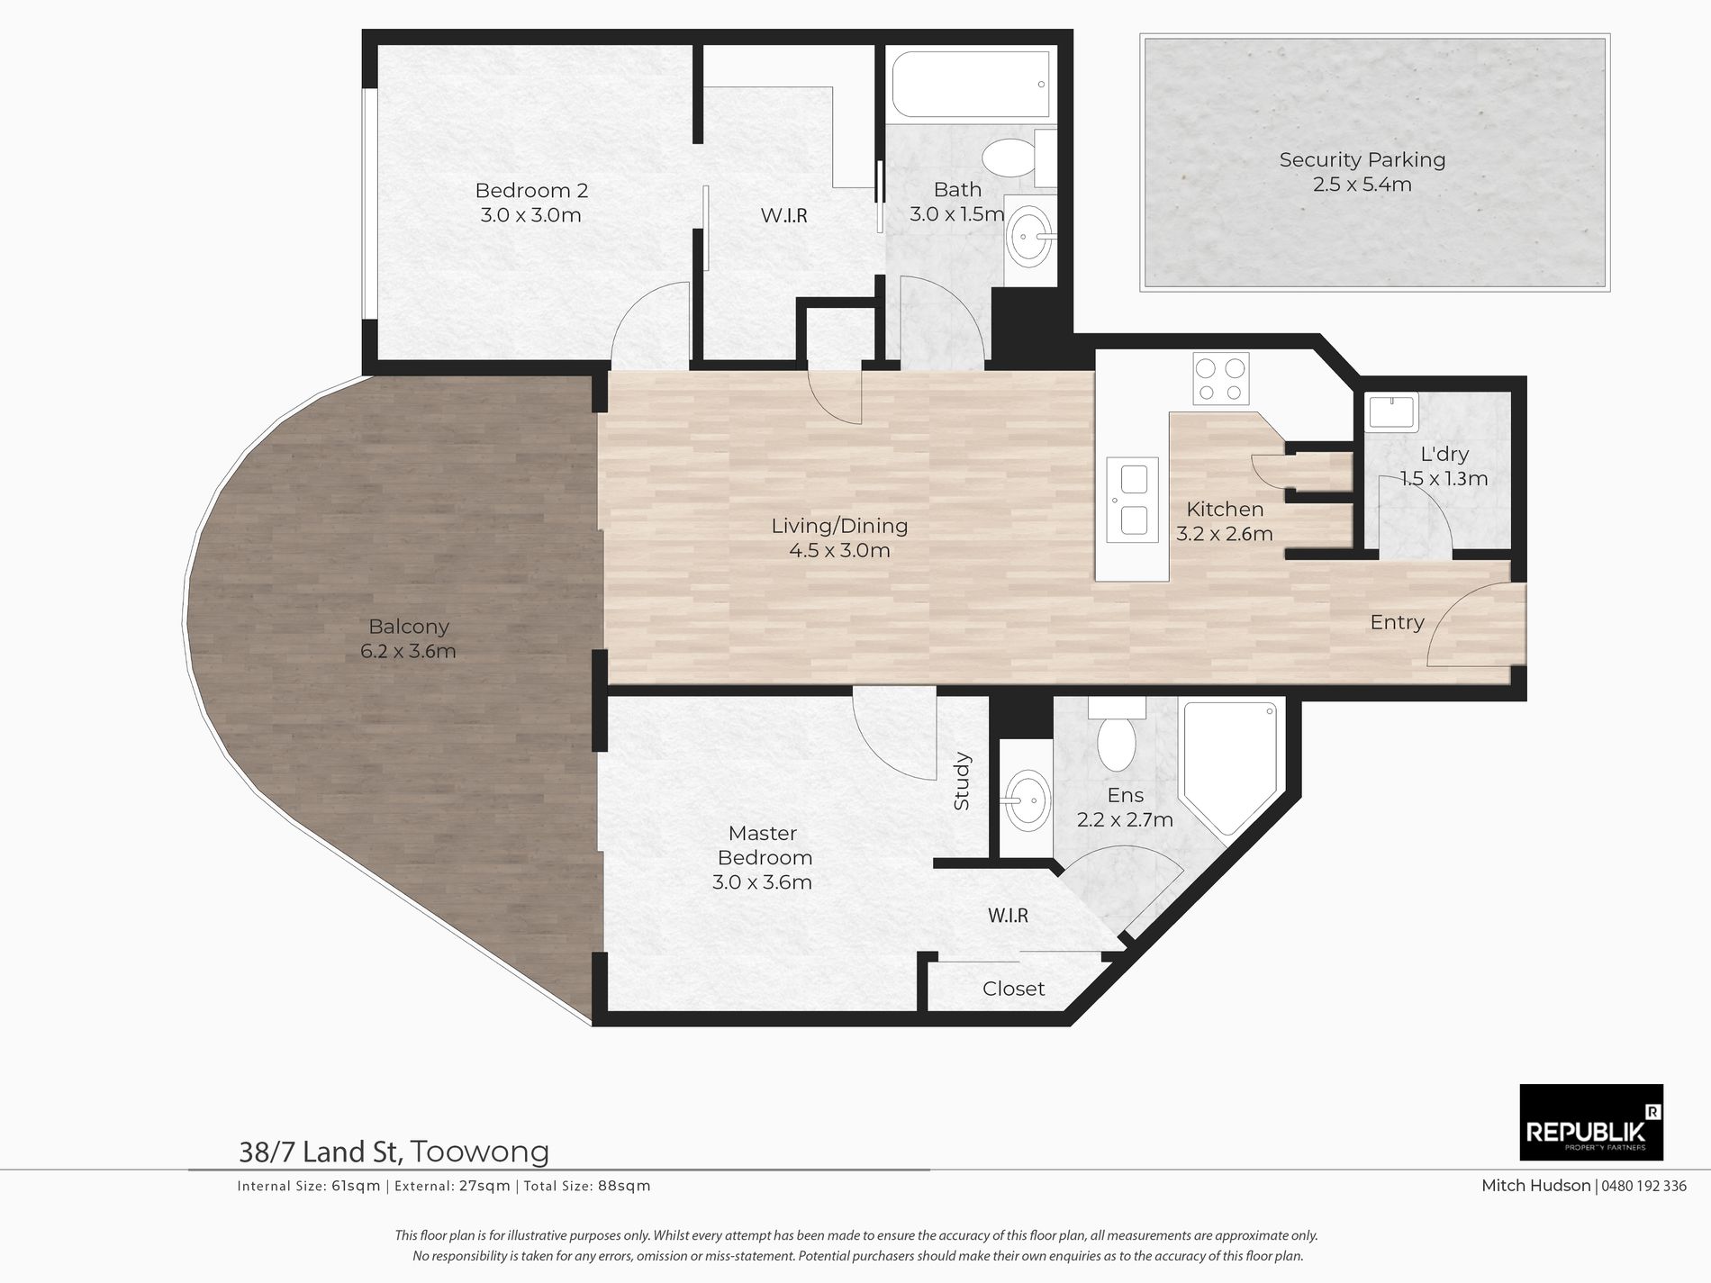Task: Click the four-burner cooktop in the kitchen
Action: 1220,379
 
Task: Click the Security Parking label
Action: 1362,172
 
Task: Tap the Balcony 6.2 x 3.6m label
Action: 408,638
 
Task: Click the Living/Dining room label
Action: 839,538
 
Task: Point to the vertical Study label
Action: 961,781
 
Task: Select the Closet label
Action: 1013,989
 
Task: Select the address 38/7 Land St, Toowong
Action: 394,1152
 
